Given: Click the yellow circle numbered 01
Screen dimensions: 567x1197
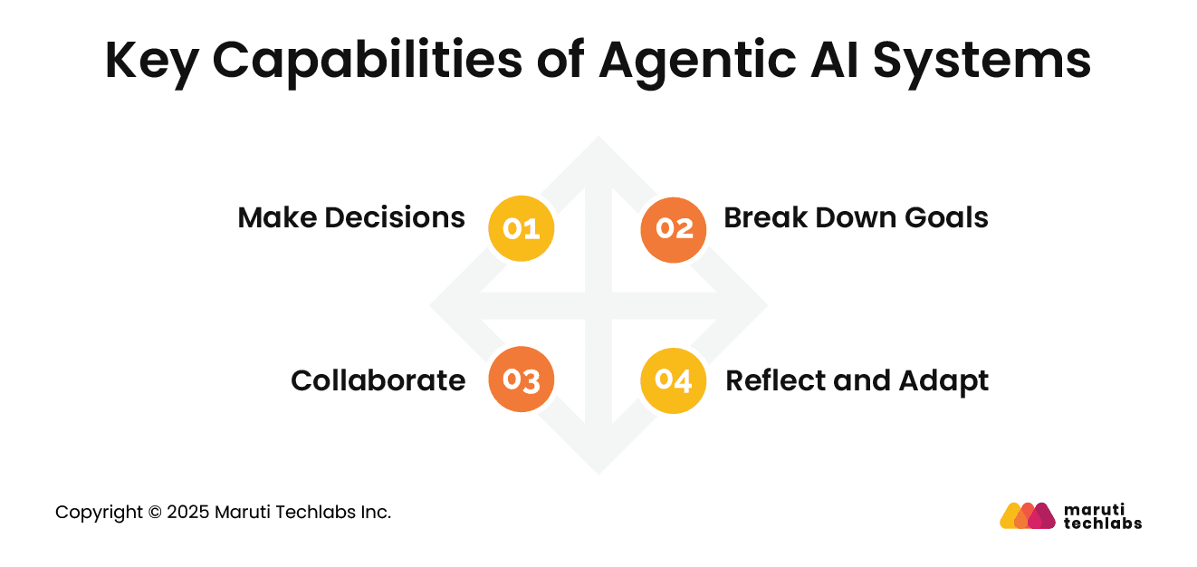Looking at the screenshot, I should [521, 229].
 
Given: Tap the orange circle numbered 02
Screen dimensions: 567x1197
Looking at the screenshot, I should [674, 229].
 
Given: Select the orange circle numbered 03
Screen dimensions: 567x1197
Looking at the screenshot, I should [521, 381].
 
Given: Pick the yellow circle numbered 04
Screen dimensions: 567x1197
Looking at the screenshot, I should [674, 381].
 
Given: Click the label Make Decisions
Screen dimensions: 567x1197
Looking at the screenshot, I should [351, 218].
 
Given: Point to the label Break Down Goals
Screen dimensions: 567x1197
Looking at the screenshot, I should [856, 218].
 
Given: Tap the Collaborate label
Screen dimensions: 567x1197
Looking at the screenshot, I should [378, 381].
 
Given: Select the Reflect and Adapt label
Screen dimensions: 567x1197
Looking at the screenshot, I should [857, 381].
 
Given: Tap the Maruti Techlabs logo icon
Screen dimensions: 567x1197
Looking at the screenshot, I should [1028, 515].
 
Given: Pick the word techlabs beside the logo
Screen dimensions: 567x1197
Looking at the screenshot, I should [1102, 523].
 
